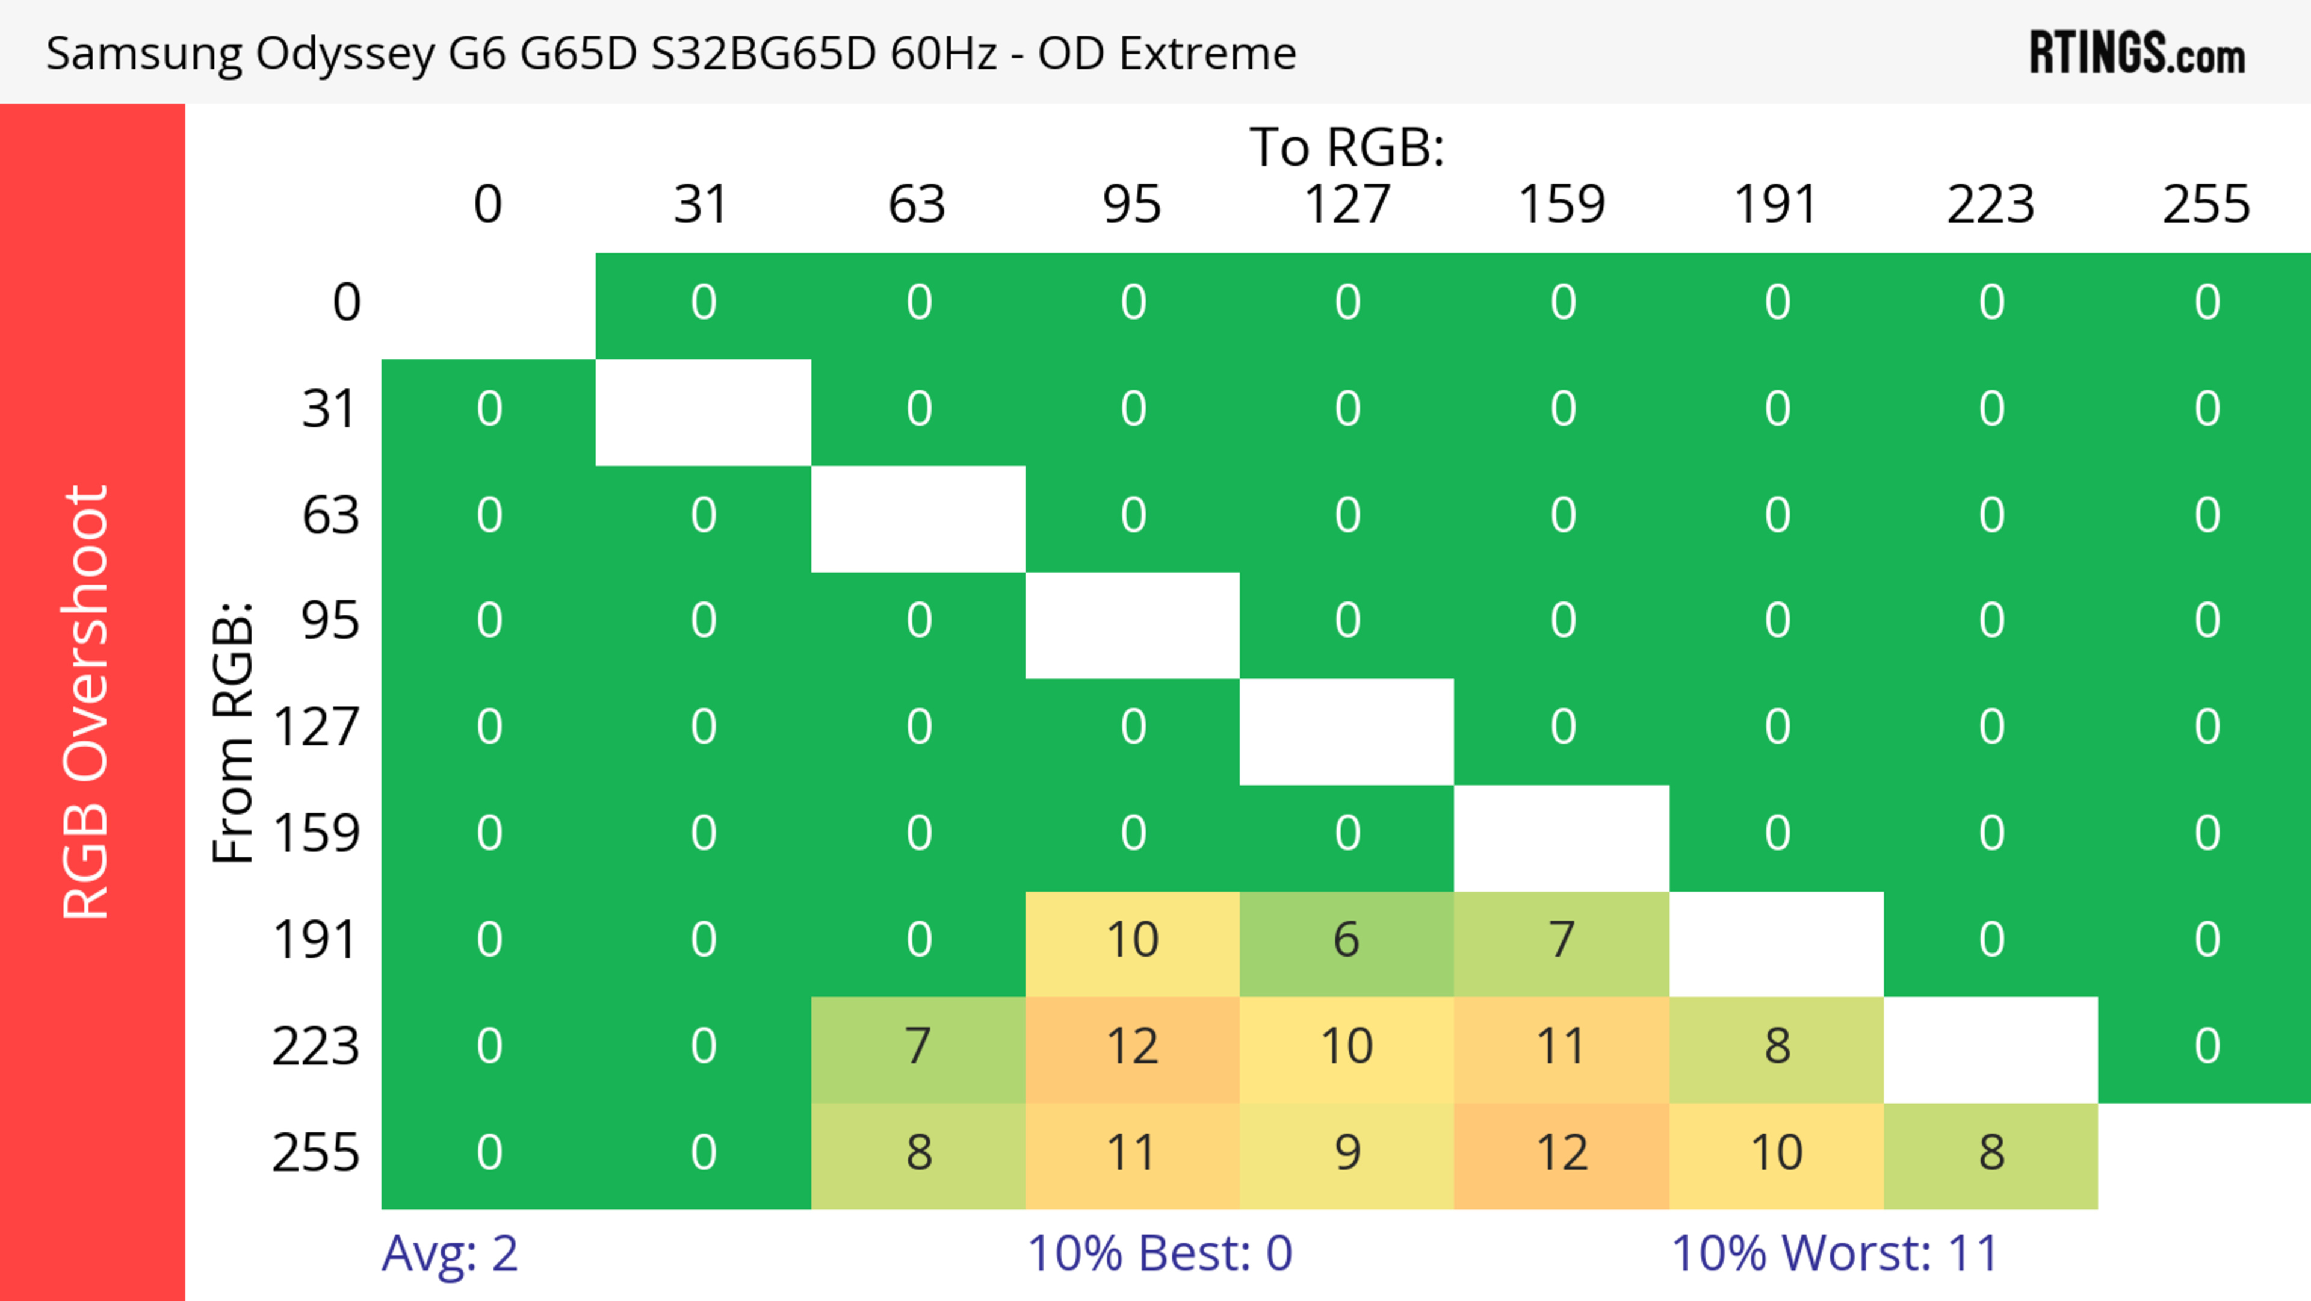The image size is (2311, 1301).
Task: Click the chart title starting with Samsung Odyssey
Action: tap(671, 53)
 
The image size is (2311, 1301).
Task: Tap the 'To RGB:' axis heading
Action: tap(1347, 146)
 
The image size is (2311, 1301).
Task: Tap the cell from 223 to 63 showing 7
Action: tap(918, 1047)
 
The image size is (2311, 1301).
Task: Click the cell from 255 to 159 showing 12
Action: tap(1561, 1153)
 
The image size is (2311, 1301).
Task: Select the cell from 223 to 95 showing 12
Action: tap(1132, 1047)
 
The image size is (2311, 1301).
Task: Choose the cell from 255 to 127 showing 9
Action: tap(1347, 1153)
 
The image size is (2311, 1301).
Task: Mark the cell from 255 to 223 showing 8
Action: tap(1991, 1153)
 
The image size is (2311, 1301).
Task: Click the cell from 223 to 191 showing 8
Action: tap(1777, 1047)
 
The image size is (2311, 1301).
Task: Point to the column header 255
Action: tap(2206, 205)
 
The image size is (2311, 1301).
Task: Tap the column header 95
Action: tap(1132, 205)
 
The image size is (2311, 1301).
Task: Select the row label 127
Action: tap(317, 727)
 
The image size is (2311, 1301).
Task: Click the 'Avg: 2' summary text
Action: tap(450, 1253)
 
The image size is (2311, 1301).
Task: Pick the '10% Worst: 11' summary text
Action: tap(1834, 1253)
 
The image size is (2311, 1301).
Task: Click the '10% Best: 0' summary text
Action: tap(1159, 1253)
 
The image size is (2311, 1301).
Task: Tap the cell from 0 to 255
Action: tap(2206, 302)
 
